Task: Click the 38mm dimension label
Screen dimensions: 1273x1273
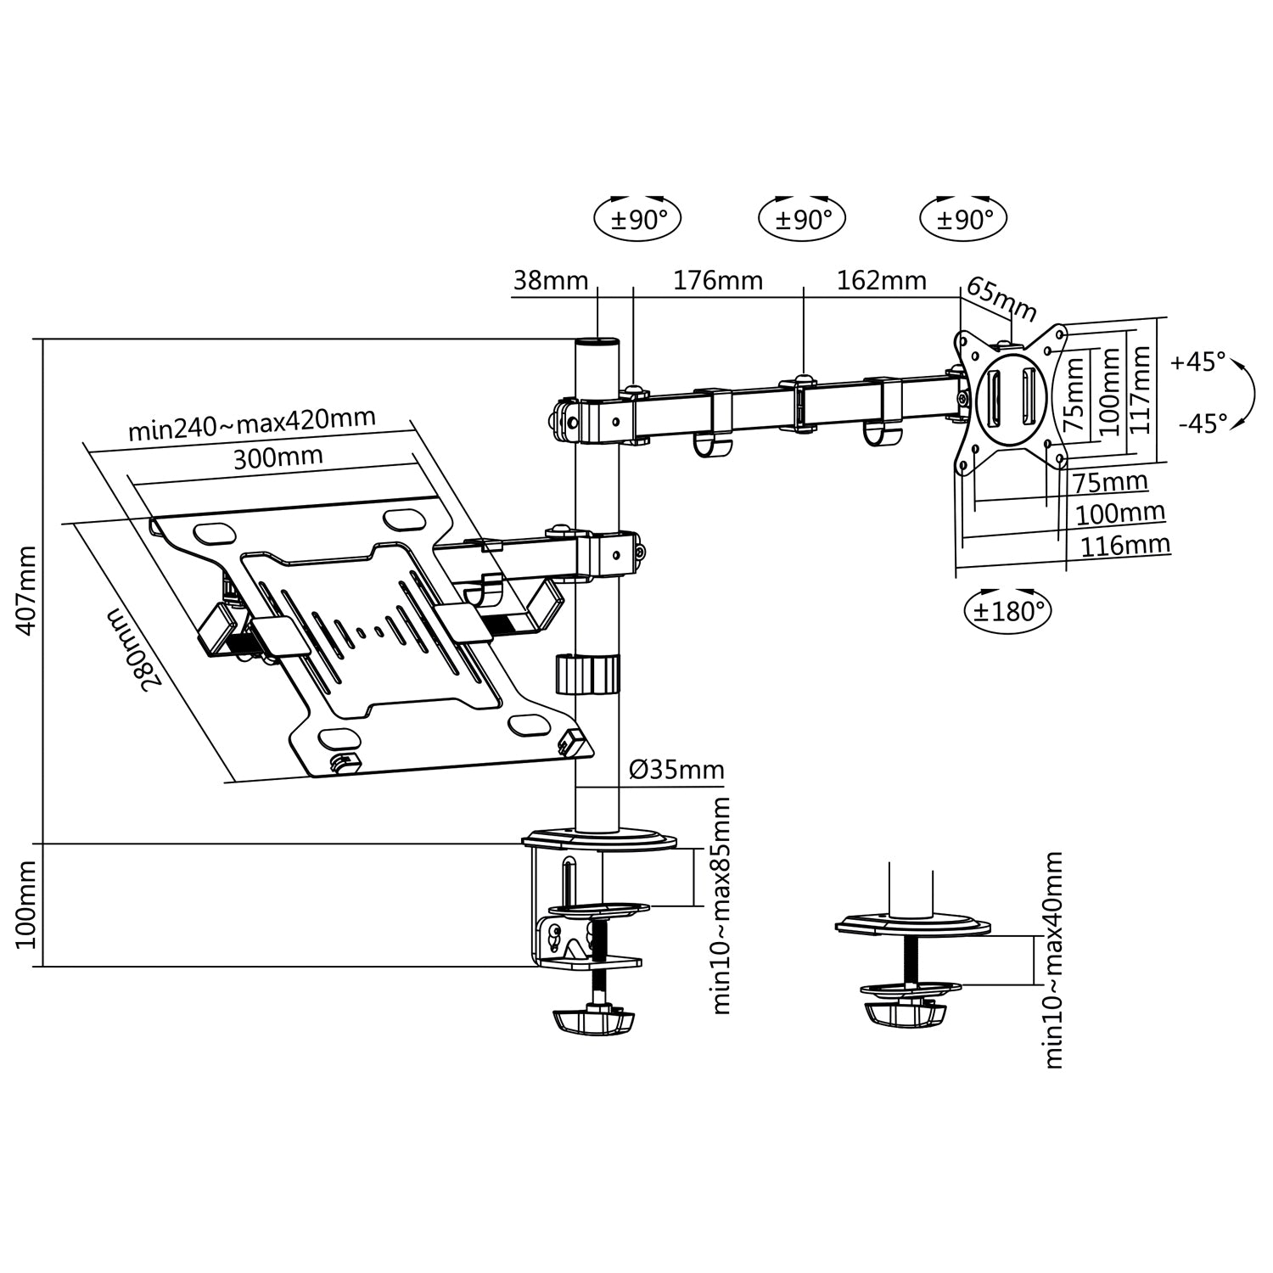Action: click(551, 280)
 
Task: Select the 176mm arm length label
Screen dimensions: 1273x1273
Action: click(718, 280)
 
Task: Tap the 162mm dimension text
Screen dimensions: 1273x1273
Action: click(882, 280)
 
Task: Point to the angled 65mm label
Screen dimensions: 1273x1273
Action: click(1002, 299)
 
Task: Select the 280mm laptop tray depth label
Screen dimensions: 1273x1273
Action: click(134, 649)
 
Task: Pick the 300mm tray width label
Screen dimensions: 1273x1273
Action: click(278, 457)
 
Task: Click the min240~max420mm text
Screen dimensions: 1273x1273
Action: click(252, 423)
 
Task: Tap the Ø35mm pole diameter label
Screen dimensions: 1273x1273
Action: click(676, 770)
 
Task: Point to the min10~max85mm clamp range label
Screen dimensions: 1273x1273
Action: click(720, 906)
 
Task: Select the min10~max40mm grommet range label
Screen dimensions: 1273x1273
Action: click(1053, 960)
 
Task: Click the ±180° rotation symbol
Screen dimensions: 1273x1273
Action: click(1007, 610)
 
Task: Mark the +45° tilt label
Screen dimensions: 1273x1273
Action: click(1198, 362)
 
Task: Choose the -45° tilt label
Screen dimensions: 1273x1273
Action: click(1203, 423)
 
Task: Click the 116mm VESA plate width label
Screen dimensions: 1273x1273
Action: click(1125, 545)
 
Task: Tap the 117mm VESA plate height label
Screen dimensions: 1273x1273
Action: click(1141, 390)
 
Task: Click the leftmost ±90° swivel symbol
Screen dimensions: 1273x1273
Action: click(639, 219)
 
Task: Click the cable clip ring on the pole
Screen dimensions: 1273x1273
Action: click(588, 674)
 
